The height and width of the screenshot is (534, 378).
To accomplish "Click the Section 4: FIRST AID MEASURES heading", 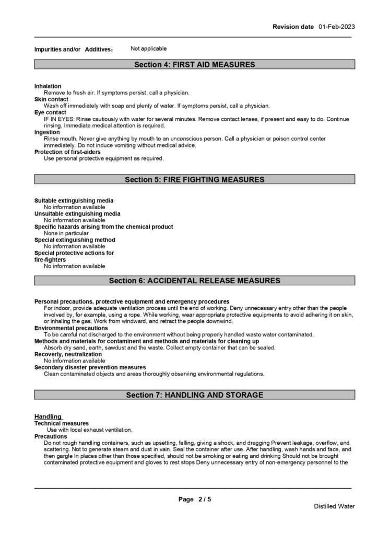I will point(194,65).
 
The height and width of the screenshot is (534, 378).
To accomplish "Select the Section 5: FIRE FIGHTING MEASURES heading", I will point(194,180).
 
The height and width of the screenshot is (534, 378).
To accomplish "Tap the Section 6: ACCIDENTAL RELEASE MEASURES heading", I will point(194,281).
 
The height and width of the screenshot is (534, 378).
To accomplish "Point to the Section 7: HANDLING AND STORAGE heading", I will point(194,395).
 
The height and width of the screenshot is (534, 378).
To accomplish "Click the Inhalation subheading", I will point(48,86).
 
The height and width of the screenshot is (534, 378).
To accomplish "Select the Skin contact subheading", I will point(51,99).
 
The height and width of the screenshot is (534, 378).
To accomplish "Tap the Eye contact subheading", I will point(50,112).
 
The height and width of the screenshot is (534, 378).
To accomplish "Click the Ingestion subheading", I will point(47,132).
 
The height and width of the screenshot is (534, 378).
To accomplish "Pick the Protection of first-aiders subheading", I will point(67,152).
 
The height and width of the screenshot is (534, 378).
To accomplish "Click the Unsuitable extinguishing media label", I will point(77,214).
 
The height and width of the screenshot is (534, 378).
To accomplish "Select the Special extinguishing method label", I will point(75,240).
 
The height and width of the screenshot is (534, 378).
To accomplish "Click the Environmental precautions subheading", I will point(71,328).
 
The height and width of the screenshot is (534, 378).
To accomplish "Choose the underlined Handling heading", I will point(48,416).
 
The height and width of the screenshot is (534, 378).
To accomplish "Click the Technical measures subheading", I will point(61,423).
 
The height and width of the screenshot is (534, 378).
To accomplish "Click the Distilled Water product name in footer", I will point(334,506).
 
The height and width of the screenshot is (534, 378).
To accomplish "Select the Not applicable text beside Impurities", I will point(149,49).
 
